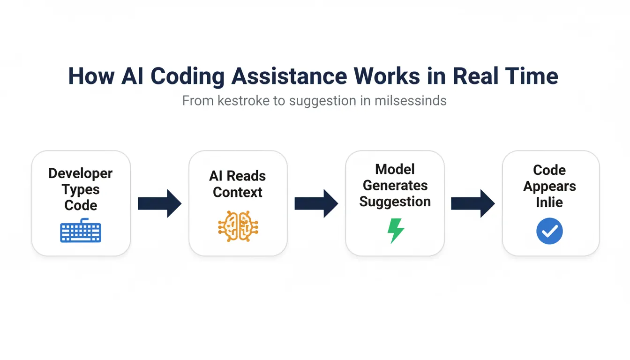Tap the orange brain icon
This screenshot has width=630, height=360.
[238, 226]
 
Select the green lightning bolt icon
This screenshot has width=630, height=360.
[396, 231]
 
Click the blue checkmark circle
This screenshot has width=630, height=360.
[549, 231]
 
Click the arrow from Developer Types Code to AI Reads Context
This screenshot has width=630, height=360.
[159, 203]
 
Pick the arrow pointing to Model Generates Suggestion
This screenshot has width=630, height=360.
[316, 203]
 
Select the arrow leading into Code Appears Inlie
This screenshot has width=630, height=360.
[473, 203]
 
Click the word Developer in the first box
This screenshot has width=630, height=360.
[81, 173]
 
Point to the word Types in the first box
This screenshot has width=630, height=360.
[81, 189]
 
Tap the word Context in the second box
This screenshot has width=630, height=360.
[238, 192]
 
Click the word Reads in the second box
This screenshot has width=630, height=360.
[246, 176]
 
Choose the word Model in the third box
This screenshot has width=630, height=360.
[395, 169]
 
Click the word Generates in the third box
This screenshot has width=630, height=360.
[395, 185]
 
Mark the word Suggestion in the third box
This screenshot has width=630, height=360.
[395, 202]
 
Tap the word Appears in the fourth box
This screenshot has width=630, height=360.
[549, 187]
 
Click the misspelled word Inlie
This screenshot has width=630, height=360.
[549, 202]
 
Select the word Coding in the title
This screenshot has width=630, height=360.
[187, 76]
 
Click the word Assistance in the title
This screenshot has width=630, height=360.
[289, 76]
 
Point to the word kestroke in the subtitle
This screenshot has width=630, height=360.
[244, 101]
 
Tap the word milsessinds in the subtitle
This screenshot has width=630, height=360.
[411, 101]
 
